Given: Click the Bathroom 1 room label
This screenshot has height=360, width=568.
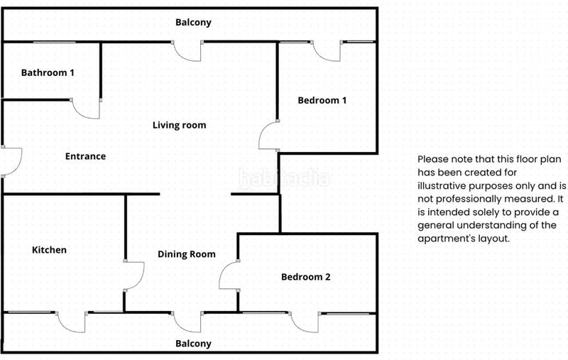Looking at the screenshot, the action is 48,73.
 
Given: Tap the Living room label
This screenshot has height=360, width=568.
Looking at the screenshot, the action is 180,125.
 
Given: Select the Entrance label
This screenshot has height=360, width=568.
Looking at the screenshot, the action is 85,156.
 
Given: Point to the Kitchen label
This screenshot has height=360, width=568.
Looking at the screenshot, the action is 49,250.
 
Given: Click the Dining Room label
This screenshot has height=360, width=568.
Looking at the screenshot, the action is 187,254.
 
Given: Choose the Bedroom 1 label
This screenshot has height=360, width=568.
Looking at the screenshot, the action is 322,100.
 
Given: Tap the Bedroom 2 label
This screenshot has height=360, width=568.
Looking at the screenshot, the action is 306,277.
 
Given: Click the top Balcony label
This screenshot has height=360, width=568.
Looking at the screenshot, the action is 193,23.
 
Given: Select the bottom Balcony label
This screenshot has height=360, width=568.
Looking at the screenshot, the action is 193,344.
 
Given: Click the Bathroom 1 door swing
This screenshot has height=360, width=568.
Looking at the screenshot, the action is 85,109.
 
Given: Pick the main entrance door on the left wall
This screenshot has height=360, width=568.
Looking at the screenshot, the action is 11,161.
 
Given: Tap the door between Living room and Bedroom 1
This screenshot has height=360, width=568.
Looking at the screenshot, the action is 269,135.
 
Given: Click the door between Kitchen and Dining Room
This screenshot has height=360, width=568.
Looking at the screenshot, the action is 133,276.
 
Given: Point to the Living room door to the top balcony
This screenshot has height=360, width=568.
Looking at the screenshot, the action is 187,50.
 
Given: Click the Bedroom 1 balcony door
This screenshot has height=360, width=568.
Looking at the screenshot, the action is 327,51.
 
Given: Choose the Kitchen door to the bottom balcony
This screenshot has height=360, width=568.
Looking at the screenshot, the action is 72,322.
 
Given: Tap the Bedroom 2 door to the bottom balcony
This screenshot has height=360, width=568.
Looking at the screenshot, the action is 305,322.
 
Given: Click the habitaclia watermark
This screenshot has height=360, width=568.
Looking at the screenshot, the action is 284,178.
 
